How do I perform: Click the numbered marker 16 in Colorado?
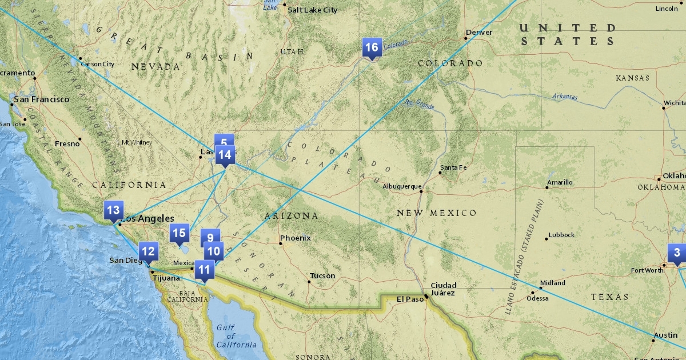[372, 47]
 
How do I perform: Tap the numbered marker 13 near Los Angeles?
[113, 210]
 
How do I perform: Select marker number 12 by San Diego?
[148, 251]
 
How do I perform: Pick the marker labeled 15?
[179, 233]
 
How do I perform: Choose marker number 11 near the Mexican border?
[204, 270]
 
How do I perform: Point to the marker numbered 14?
[225, 154]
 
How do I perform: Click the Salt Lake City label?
[312, 10]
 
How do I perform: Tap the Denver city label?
[479, 33]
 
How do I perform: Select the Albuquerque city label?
[402, 186]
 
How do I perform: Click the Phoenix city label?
[295, 238]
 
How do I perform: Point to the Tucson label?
[322, 276]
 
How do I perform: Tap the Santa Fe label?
[453, 167]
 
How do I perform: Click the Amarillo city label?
[560, 182]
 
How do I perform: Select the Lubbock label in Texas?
[561, 235]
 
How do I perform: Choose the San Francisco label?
[42, 99]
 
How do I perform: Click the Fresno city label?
[67, 143]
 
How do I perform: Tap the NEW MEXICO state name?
[436, 213]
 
